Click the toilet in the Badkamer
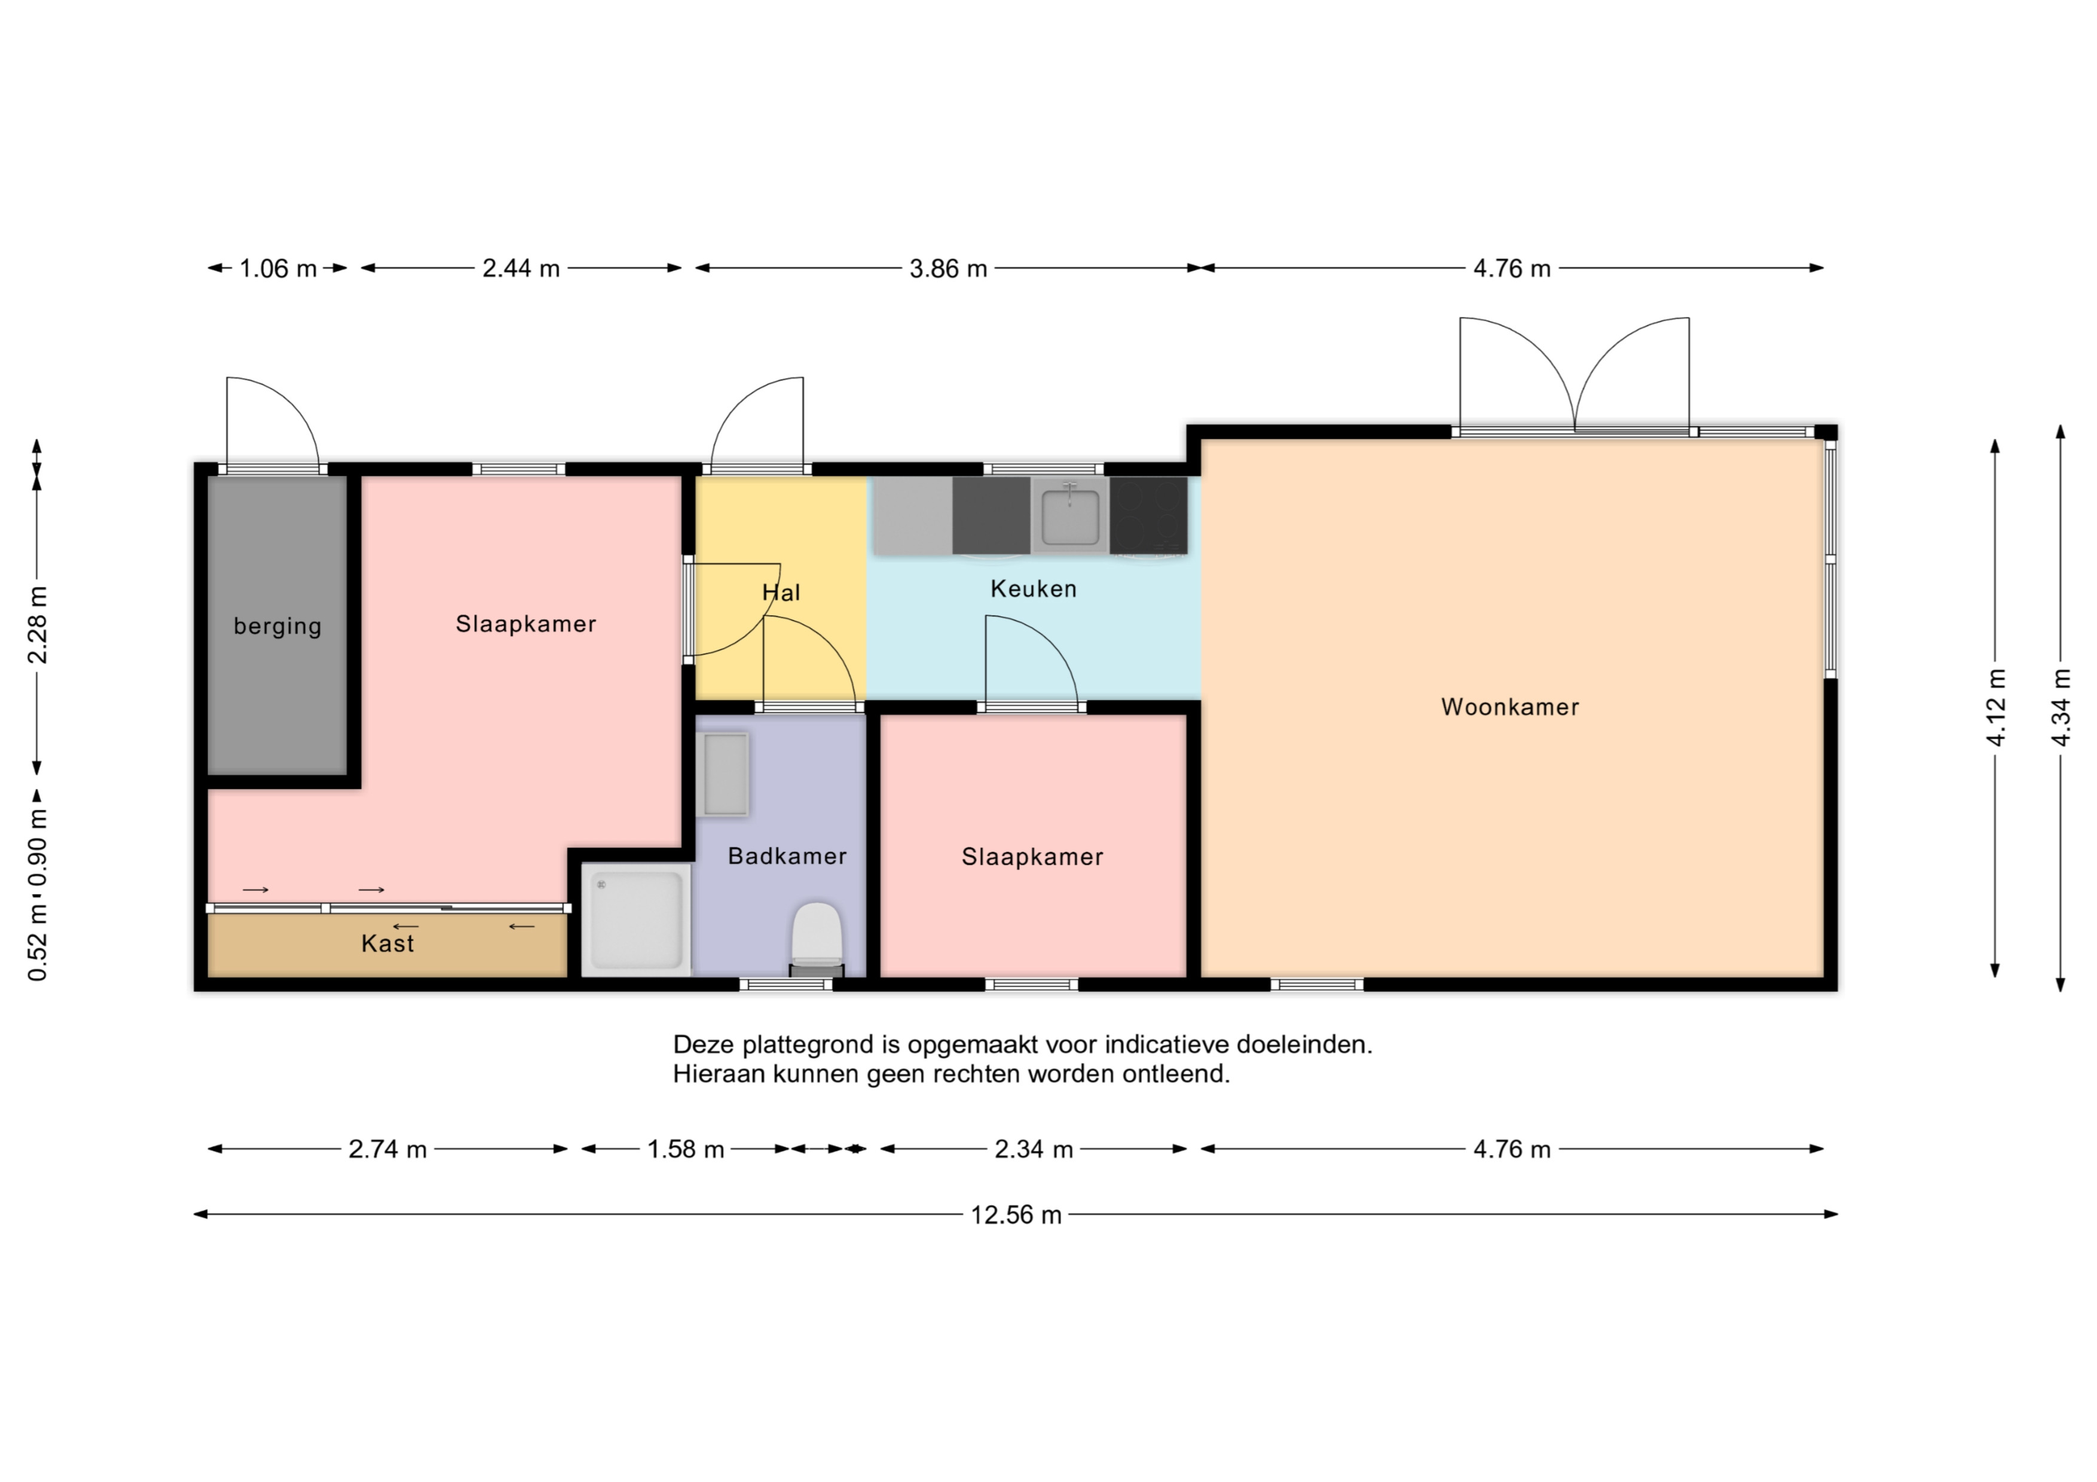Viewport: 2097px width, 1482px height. click(815, 939)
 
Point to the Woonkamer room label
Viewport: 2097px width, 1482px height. click(1510, 707)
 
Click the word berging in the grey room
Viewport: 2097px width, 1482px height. click(277, 627)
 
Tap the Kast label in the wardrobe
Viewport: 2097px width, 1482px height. click(387, 943)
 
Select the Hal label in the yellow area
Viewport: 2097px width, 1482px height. click(781, 592)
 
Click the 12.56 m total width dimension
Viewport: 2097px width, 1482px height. click(1016, 1214)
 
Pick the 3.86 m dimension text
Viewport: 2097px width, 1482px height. click(948, 268)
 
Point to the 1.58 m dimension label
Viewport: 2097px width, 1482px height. click(685, 1148)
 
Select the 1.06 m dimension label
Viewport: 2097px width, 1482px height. click(277, 268)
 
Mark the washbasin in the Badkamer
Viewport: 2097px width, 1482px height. click(723, 774)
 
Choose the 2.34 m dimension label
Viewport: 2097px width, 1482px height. click(1033, 1148)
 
